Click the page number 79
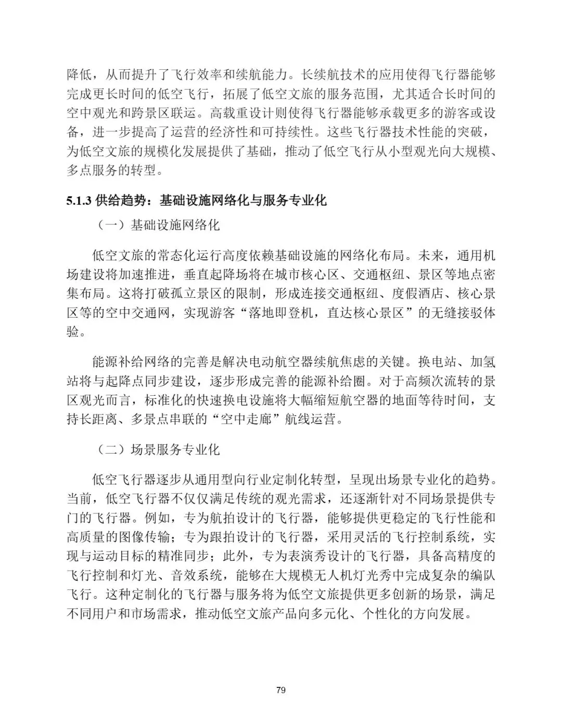click(x=281, y=691)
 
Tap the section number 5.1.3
click(x=79, y=200)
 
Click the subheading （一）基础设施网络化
click(x=159, y=225)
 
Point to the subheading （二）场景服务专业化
click(x=159, y=449)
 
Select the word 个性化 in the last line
click(x=378, y=613)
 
